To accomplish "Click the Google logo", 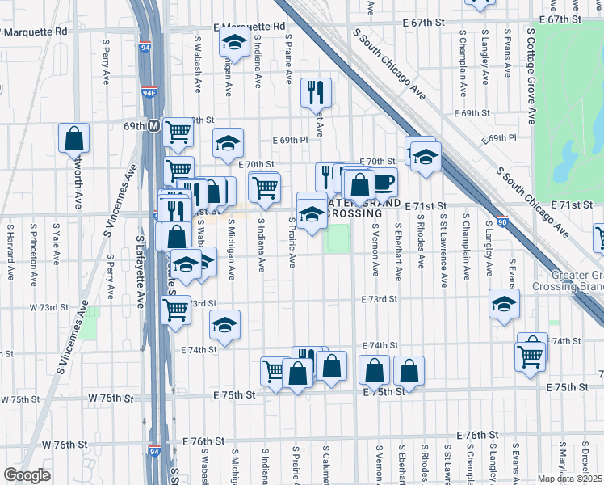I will coord(27,475).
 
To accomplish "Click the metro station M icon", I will coord(153,126).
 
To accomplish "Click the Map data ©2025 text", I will coord(570,479).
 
